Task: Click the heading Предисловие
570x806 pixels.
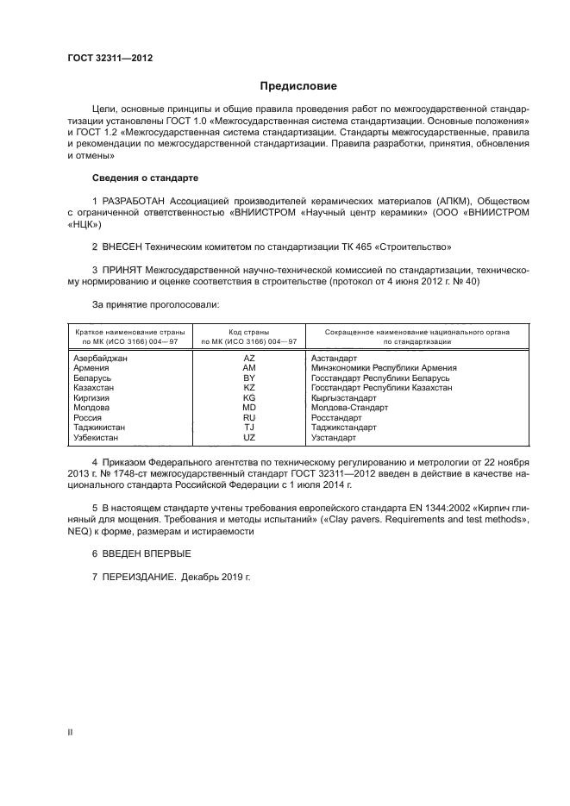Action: pos(299,86)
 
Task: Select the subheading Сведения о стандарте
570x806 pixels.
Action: pos(145,178)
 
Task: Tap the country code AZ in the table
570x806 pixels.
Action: pos(249,358)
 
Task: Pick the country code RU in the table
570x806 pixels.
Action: pos(249,417)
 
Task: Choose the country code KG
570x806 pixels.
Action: pos(249,397)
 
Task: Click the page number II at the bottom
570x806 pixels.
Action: pos(71,731)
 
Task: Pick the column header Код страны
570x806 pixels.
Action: pos(248,331)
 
